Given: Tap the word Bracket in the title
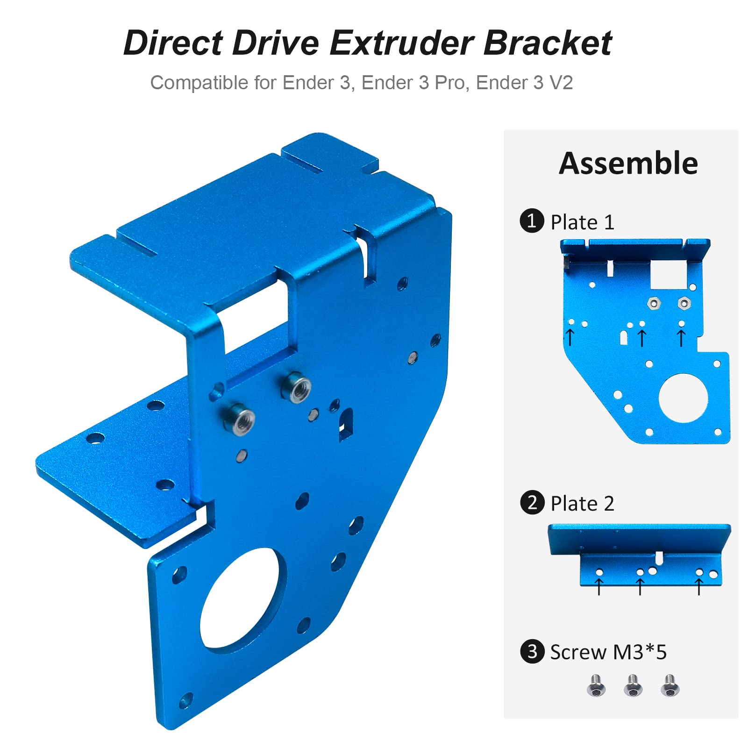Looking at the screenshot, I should [x=547, y=43].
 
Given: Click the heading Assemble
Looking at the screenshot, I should [x=628, y=164].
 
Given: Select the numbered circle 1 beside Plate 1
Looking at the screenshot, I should [x=532, y=221].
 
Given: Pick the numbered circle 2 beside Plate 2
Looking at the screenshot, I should [x=532, y=502].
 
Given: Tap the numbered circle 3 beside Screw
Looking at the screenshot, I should [x=532, y=651].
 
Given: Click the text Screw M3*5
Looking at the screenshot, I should [x=608, y=652].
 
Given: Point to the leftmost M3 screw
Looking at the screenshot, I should [x=596, y=685].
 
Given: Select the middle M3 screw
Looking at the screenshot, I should [x=633, y=685].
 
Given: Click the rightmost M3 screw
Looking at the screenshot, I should [x=670, y=685].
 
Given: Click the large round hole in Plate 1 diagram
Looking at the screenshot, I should [x=683, y=398].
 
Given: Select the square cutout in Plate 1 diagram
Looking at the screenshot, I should [x=669, y=274].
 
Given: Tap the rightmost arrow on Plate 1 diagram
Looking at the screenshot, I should [x=681, y=338].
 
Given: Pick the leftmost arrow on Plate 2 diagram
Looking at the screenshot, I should [x=599, y=586].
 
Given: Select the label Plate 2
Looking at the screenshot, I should [x=582, y=504].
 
